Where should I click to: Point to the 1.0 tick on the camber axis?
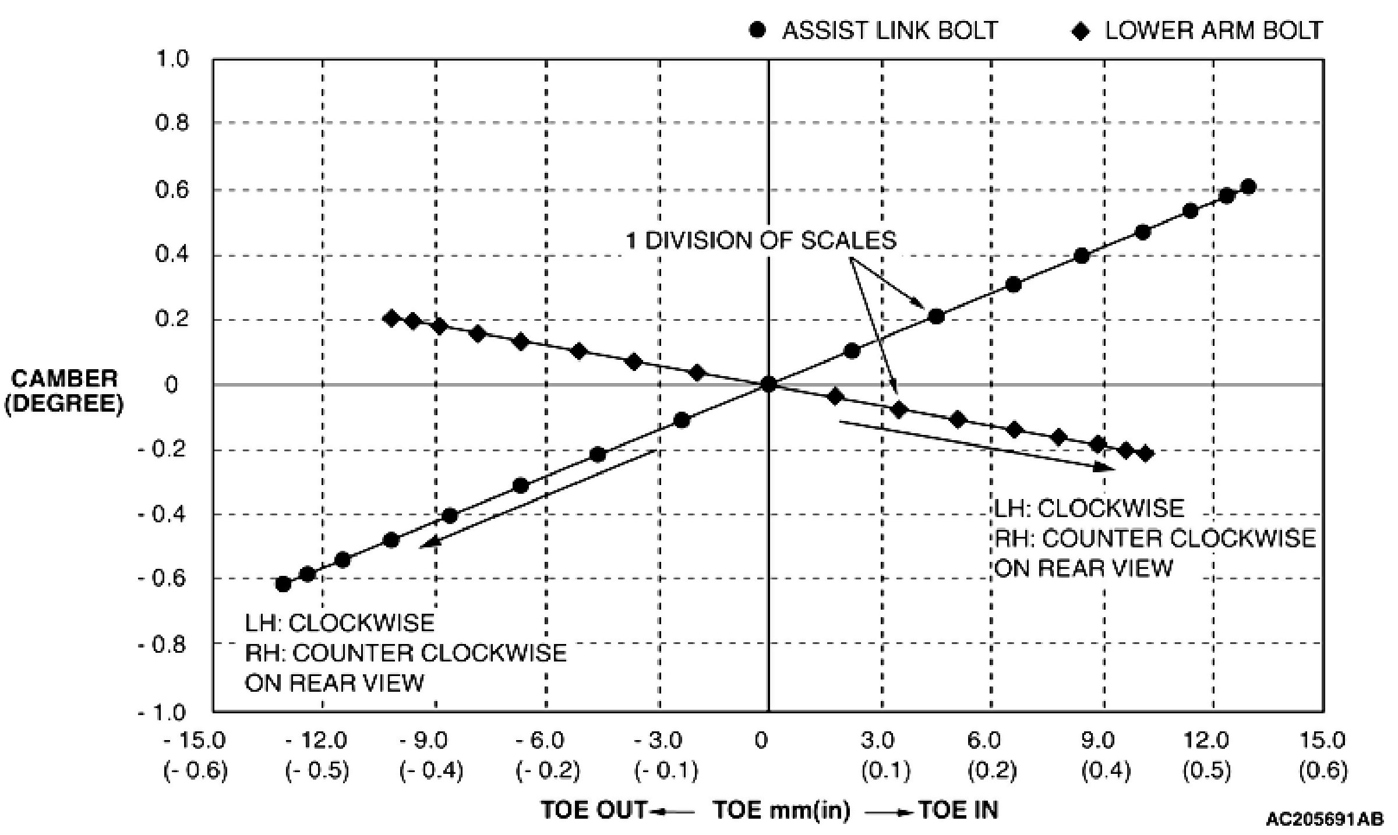172,59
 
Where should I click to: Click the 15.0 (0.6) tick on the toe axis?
1323,755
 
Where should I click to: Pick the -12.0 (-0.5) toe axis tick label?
317,755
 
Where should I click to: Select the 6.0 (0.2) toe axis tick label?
992,755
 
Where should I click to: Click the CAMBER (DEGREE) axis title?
64,391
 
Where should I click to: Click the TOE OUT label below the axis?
594,810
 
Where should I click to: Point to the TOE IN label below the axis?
958,810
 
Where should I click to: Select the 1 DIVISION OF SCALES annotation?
761,240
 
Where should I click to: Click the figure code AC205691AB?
1324,819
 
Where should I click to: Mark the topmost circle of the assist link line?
1248,187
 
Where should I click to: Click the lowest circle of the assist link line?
283,583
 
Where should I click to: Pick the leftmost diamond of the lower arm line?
392,318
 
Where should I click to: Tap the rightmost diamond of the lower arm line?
1145,453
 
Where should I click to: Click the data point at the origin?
768,384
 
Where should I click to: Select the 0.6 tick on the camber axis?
172,190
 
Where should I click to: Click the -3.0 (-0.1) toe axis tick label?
666,755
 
